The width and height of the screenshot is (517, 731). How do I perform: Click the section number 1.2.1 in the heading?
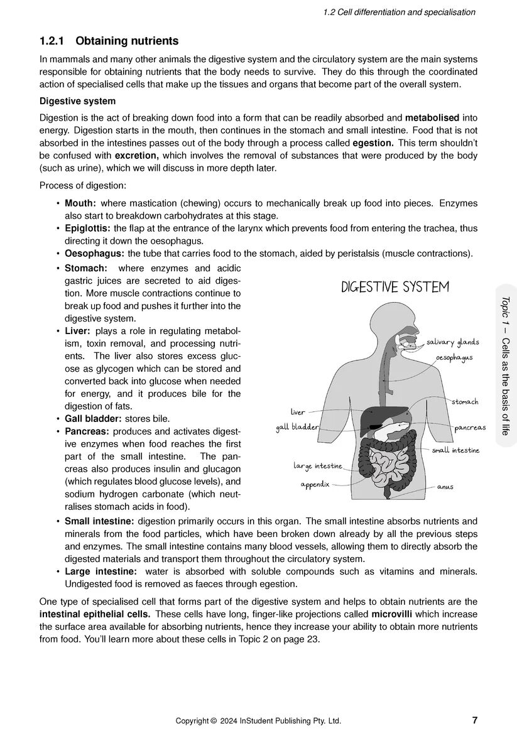click(53, 41)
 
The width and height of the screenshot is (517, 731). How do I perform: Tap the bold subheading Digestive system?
click(77, 101)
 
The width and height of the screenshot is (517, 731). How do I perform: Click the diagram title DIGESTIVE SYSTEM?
click(395, 288)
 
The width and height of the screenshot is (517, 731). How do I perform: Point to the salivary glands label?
click(452, 342)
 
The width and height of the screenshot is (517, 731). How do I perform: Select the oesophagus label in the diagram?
click(454, 357)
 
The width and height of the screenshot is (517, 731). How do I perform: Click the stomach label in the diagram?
click(465, 401)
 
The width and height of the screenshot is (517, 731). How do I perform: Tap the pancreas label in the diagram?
click(470, 427)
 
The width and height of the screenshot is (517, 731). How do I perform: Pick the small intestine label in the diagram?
click(455, 450)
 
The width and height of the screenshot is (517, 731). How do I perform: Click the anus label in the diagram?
click(445, 487)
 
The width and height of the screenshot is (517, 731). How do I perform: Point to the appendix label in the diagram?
click(315, 485)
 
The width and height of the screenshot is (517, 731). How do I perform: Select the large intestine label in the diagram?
click(318, 466)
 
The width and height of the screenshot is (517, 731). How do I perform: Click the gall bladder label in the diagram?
click(298, 428)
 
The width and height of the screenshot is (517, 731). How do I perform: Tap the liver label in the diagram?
click(298, 412)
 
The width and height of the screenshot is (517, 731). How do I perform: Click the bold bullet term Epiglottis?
click(87, 229)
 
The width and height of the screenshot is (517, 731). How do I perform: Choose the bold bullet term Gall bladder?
click(94, 418)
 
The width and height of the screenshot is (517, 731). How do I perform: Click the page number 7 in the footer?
click(474, 720)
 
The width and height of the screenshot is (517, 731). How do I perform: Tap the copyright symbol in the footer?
click(213, 721)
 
